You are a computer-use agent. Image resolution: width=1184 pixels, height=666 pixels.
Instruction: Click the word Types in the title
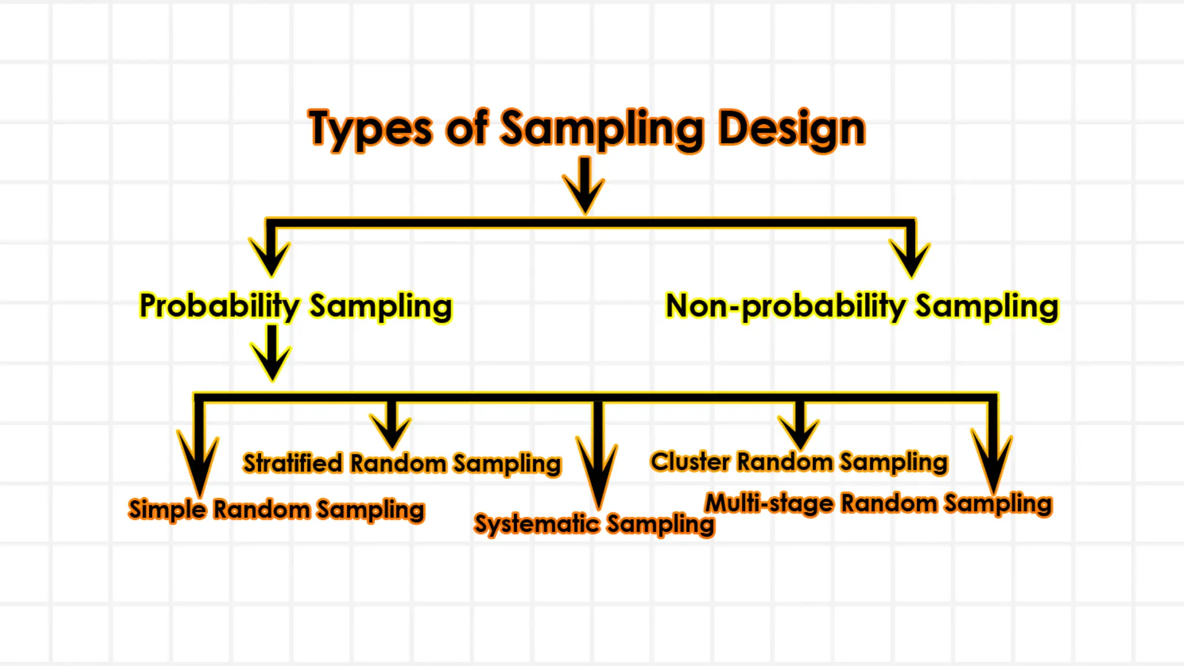pyautogui.click(x=370, y=128)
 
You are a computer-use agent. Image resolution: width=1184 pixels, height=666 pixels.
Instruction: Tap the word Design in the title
pyautogui.click(x=791, y=128)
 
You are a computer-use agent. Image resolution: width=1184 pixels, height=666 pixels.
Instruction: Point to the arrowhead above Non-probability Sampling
pyautogui.click(x=910, y=257)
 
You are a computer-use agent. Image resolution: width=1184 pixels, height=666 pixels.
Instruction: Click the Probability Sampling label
pyautogui.click(x=295, y=306)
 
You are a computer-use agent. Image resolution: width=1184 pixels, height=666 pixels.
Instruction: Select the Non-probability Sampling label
pyautogui.click(x=862, y=306)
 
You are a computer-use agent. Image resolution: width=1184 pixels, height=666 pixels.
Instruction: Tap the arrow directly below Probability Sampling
pyautogui.click(x=271, y=353)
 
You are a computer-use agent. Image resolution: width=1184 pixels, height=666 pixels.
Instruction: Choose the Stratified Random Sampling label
pyautogui.click(x=402, y=464)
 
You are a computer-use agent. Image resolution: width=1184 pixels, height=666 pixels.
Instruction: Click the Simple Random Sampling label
pyautogui.click(x=276, y=510)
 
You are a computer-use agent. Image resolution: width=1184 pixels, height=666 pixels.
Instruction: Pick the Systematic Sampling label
pyautogui.click(x=594, y=524)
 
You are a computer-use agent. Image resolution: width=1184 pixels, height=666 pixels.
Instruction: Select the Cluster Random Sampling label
pyautogui.click(x=799, y=462)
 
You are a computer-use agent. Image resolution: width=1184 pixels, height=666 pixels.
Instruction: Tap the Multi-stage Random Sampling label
pyautogui.click(x=878, y=504)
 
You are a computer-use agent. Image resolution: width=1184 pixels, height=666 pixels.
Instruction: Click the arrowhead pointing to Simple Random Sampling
pyautogui.click(x=199, y=468)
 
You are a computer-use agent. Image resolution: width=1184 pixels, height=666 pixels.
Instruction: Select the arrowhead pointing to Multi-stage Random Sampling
pyautogui.click(x=992, y=462)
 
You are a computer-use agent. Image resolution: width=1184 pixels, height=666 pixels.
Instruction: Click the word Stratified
pyautogui.click(x=293, y=464)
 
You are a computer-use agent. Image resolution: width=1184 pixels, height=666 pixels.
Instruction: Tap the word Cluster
pyautogui.click(x=690, y=462)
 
